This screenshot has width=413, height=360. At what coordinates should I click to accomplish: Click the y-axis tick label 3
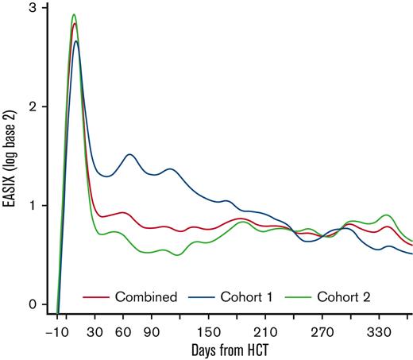tap(33, 8)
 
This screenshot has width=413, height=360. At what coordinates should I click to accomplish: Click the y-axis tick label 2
tap(33, 106)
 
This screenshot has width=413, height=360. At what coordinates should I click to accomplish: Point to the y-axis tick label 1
tap(33, 205)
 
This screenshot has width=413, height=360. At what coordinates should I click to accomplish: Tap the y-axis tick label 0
tap(33, 304)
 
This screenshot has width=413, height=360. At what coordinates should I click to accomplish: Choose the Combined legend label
tap(147, 296)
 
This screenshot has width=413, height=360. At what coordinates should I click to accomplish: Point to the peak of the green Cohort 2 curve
tap(74, 14)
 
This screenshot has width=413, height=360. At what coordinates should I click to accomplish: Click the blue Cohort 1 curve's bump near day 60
tap(129, 154)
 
